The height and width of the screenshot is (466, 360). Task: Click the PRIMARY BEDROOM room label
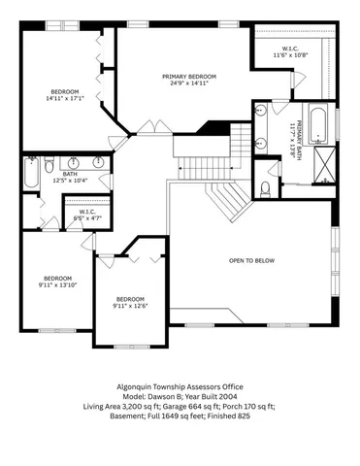pyautogui.click(x=188, y=76)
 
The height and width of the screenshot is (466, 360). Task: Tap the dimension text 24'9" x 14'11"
pyautogui.click(x=188, y=84)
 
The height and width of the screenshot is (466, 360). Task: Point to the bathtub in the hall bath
pyautogui.click(x=31, y=180)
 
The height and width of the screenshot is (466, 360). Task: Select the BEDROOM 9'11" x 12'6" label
pyautogui.click(x=129, y=303)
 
